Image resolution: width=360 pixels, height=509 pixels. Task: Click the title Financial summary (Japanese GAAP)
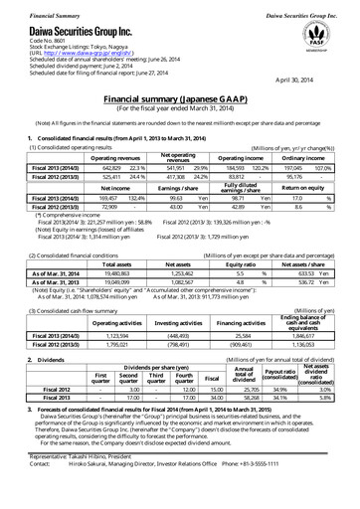[x=179, y=101]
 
